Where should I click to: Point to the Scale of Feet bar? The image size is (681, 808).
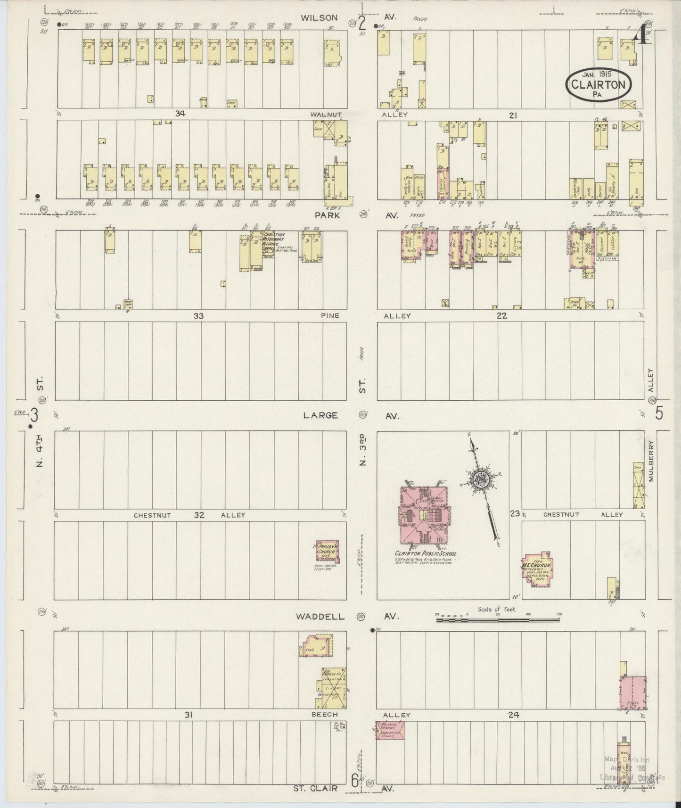tap(498, 620)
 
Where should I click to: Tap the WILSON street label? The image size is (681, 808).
tap(319, 18)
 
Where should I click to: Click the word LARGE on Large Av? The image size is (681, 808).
tap(320, 415)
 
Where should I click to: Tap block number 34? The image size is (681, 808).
tap(179, 113)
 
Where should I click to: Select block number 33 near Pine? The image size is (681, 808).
tap(198, 316)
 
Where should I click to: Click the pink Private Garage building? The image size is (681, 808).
tap(390, 730)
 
